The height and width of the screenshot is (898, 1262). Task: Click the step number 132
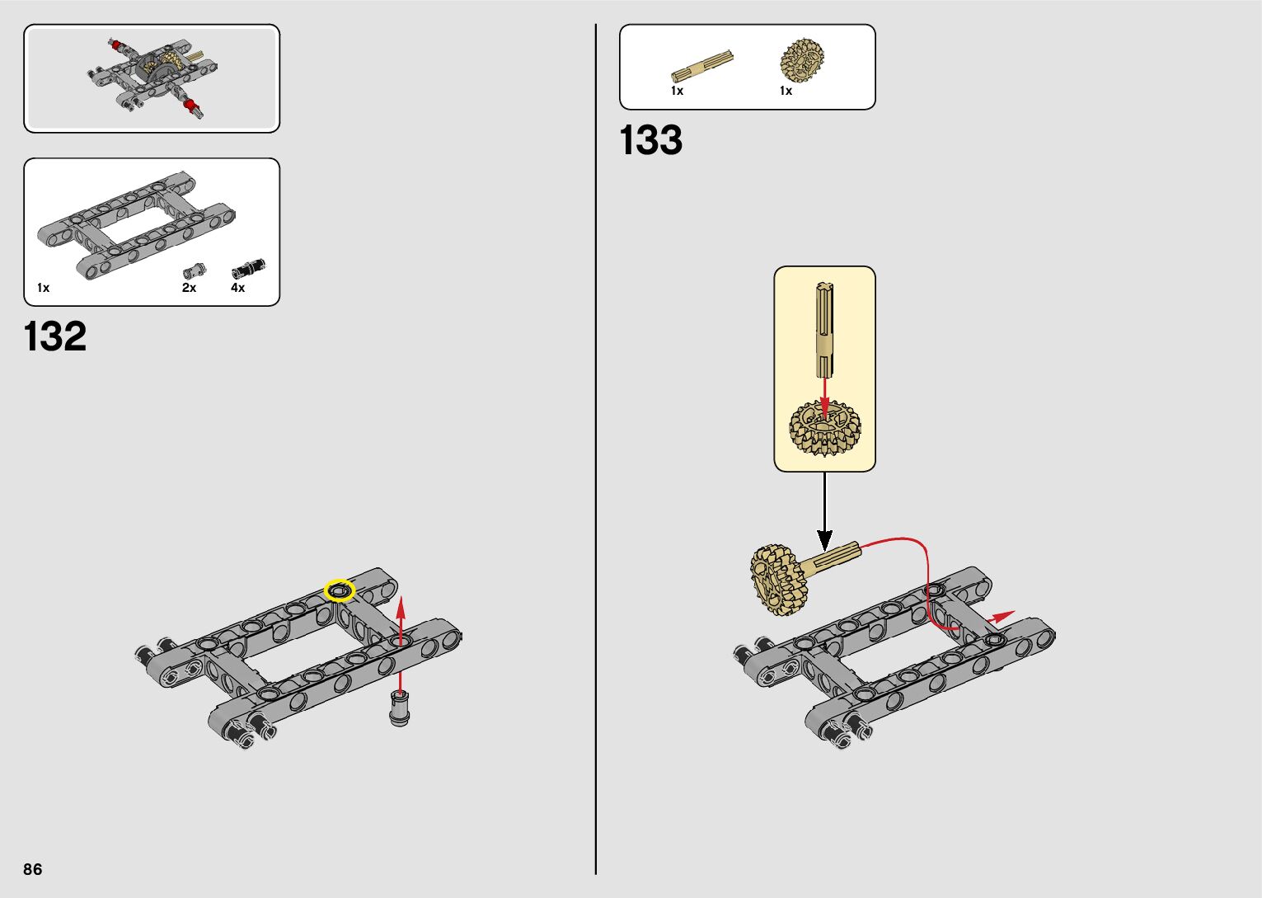[55, 336]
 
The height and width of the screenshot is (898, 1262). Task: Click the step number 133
[650, 140]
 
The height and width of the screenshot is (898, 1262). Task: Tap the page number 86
[33, 869]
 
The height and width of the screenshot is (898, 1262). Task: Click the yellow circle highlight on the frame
[339, 590]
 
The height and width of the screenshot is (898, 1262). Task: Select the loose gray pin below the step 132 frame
[400, 708]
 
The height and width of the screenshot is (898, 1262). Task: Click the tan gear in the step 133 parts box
[802, 60]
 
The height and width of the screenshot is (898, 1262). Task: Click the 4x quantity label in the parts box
[237, 288]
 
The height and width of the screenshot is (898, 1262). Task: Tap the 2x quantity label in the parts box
[189, 288]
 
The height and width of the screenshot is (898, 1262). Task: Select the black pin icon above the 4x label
[248, 268]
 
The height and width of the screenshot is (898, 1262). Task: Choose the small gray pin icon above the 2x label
[194, 270]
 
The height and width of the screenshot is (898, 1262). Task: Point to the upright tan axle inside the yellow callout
[825, 330]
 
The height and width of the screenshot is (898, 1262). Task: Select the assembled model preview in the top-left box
[152, 78]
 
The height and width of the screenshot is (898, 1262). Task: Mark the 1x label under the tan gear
[786, 91]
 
